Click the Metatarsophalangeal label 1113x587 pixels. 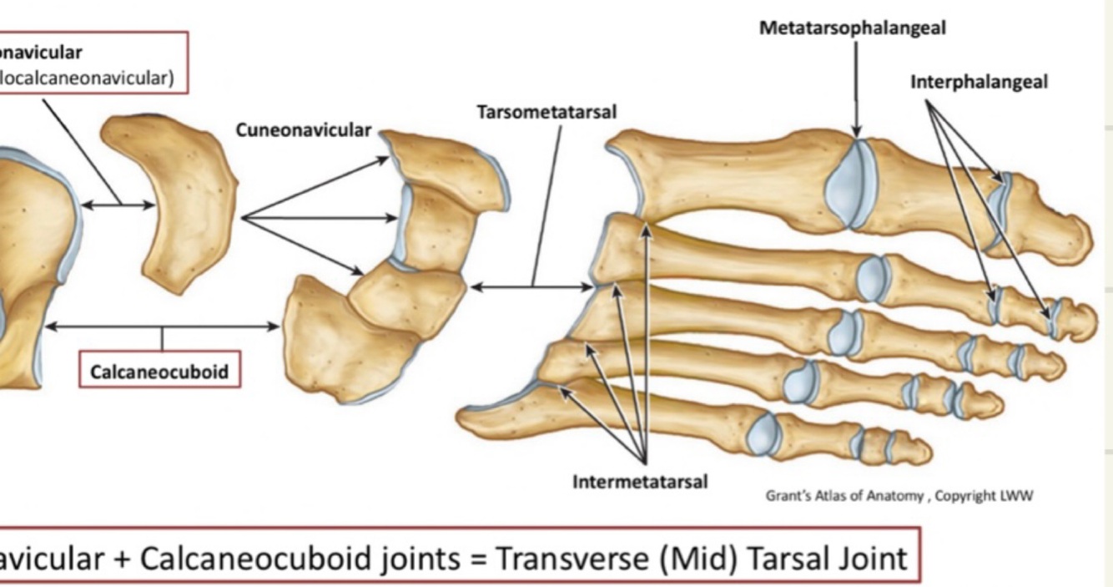coord(852,28)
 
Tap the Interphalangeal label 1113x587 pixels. coord(979,82)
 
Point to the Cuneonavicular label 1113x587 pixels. coord(303,130)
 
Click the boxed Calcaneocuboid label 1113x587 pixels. coord(159,372)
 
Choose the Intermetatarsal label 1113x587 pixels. coord(640,482)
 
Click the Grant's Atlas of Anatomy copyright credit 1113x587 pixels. coord(899,496)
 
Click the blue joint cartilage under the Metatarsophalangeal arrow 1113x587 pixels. coord(851,184)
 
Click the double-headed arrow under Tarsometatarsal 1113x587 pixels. coord(531,287)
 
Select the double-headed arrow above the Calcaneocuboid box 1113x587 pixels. coord(162,326)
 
